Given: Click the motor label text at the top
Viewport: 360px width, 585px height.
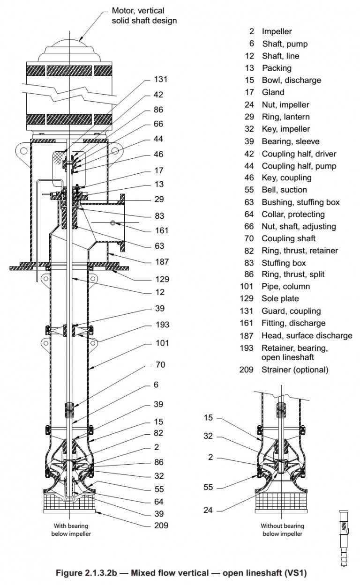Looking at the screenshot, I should click(144, 15).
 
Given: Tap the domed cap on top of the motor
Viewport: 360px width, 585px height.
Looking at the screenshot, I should click(69, 50).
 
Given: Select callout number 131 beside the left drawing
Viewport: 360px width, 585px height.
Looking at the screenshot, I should click(160, 79).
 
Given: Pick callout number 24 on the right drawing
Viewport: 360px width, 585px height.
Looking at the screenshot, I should click(208, 510).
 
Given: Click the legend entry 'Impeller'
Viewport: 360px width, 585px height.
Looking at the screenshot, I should click(277, 31).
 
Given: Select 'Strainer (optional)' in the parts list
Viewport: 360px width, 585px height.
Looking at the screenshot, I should click(295, 370).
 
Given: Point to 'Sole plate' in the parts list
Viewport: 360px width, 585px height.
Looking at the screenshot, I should click(280, 298).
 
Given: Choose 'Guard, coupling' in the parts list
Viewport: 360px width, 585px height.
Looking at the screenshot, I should click(291, 311).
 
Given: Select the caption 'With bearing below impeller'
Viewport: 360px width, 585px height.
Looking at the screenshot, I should click(70, 530).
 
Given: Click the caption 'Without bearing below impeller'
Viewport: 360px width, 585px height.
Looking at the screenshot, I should click(282, 530).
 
